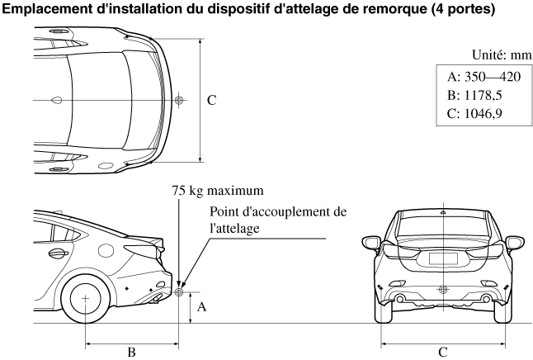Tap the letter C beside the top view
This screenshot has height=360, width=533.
coord(211,100)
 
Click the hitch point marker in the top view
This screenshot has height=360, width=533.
coord(179,100)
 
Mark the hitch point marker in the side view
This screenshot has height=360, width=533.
coord(179,291)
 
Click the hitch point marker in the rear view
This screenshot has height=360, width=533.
coord(443,289)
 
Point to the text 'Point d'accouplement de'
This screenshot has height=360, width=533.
coord(279,211)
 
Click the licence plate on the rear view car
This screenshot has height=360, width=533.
coord(443,258)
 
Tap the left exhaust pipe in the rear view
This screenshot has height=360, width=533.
coord(401,297)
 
